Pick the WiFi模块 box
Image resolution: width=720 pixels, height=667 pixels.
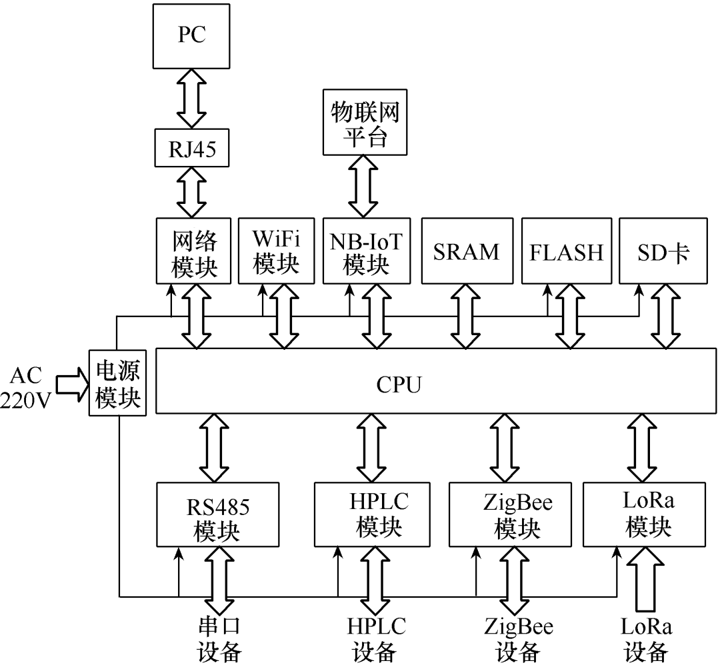click(276, 250)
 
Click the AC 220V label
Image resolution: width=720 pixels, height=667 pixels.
click(27, 385)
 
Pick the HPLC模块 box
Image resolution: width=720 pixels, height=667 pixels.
click(378, 514)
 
